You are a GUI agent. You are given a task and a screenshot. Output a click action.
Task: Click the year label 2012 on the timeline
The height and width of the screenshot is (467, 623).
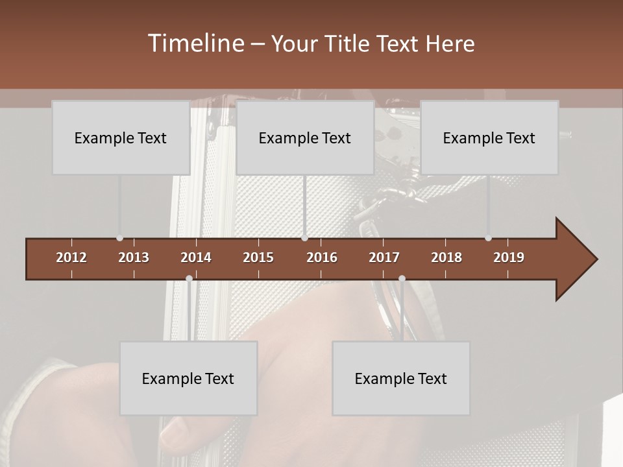coord(71,257)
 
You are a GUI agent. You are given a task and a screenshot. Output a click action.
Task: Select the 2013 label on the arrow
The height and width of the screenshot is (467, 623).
coord(134,257)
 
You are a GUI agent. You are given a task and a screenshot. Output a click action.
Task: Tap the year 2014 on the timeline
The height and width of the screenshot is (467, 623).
coord(196,257)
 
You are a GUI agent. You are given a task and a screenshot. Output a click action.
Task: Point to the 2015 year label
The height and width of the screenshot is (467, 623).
coord(258,257)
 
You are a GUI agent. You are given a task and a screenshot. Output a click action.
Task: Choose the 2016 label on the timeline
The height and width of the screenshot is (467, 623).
coord(322,257)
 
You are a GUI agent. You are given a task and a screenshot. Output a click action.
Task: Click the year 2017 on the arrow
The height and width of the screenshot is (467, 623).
coord(384,257)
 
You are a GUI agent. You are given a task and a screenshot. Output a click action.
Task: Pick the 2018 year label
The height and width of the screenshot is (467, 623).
coord(446,257)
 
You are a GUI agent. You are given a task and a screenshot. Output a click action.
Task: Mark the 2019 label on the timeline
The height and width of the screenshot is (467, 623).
coord(509,257)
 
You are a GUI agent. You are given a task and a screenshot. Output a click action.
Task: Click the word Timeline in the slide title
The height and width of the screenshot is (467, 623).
coord(195,43)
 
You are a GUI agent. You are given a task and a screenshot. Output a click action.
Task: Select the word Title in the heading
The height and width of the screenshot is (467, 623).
coord(350,43)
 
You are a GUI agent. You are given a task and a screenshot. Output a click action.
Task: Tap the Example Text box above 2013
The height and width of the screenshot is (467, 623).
coord(121,138)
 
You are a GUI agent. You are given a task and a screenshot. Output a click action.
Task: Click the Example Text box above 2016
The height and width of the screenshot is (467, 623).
coord(305,138)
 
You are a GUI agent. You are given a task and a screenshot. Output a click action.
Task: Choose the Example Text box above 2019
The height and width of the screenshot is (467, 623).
coord(489,138)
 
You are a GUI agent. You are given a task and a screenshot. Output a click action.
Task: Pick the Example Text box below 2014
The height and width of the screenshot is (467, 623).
coord(188,378)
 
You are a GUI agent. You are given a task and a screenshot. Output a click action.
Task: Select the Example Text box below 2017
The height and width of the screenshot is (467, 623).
coord(401,378)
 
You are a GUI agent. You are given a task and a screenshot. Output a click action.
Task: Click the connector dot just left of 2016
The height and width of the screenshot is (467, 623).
coord(305,238)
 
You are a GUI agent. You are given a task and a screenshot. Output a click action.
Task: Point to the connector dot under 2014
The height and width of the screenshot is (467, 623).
coord(189,278)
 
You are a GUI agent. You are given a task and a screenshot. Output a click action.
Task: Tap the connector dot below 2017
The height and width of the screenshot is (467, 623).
coord(402,278)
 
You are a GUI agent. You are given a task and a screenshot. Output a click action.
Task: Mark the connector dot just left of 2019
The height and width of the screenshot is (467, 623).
coord(489,238)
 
